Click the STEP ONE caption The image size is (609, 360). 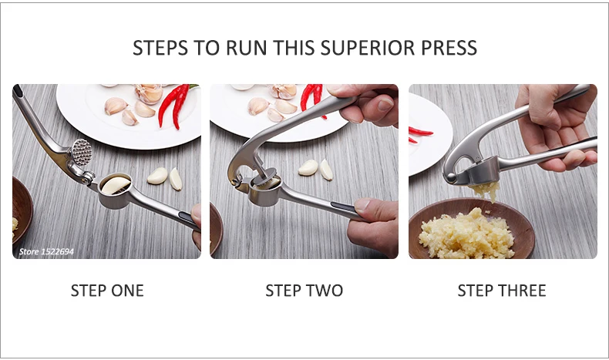click(x=107, y=291)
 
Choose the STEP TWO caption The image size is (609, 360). click(x=304, y=291)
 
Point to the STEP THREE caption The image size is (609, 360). click(x=502, y=291)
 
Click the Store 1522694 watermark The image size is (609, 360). click(x=46, y=251)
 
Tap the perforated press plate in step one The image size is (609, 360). click(x=82, y=151)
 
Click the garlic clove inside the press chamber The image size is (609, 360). click(x=116, y=185)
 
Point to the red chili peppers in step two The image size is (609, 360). click(x=313, y=97)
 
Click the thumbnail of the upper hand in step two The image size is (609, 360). click(x=385, y=104)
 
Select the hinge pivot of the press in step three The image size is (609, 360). click(x=450, y=178)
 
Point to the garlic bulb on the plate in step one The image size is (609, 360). click(x=148, y=93)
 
